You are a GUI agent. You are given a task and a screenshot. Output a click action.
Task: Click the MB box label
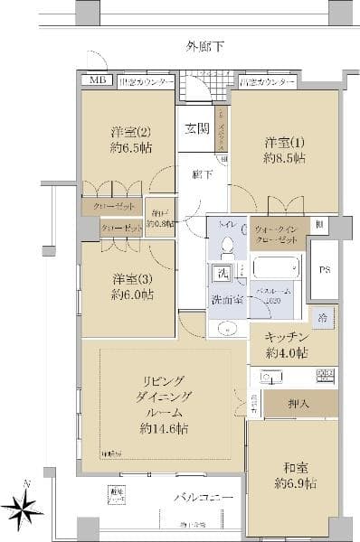point(96,81)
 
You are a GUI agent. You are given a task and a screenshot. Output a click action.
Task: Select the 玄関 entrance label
point(198,127)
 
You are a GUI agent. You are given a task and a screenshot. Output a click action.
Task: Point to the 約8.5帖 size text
point(284,158)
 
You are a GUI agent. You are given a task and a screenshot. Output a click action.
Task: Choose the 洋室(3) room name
point(132,278)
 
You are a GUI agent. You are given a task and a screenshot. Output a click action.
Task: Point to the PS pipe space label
point(325,269)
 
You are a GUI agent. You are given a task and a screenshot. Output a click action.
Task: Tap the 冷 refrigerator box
point(323,318)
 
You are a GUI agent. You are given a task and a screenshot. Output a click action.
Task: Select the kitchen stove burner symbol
point(325,375)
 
